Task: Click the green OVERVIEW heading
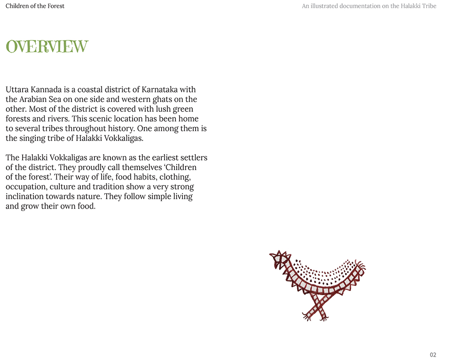[x=47, y=47]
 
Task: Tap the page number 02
[x=433, y=355]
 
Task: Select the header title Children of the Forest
[x=35, y=6]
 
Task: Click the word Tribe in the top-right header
[x=428, y=6]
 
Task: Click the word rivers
[x=57, y=119]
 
